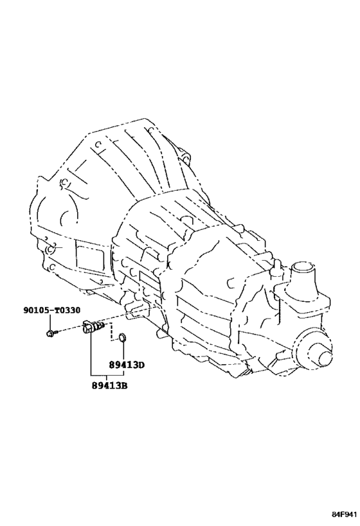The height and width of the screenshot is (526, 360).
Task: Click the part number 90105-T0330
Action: click(x=51, y=310)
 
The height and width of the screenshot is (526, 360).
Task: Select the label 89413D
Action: click(x=125, y=364)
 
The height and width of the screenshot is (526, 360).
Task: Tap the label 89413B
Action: click(x=109, y=385)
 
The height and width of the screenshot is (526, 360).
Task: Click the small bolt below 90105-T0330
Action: click(x=50, y=333)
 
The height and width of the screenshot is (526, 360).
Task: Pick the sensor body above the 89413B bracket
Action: click(x=94, y=327)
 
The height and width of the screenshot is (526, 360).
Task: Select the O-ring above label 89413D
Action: click(x=122, y=337)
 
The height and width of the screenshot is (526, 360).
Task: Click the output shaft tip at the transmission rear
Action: click(x=325, y=359)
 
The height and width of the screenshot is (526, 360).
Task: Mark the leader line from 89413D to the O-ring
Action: click(x=123, y=351)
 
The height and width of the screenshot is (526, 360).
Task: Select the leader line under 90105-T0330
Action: click(x=50, y=322)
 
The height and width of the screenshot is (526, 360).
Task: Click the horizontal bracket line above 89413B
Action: click(x=107, y=374)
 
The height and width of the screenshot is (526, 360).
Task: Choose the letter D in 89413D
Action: click(x=140, y=364)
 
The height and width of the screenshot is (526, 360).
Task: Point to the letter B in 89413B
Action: click(x=123, y=385)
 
